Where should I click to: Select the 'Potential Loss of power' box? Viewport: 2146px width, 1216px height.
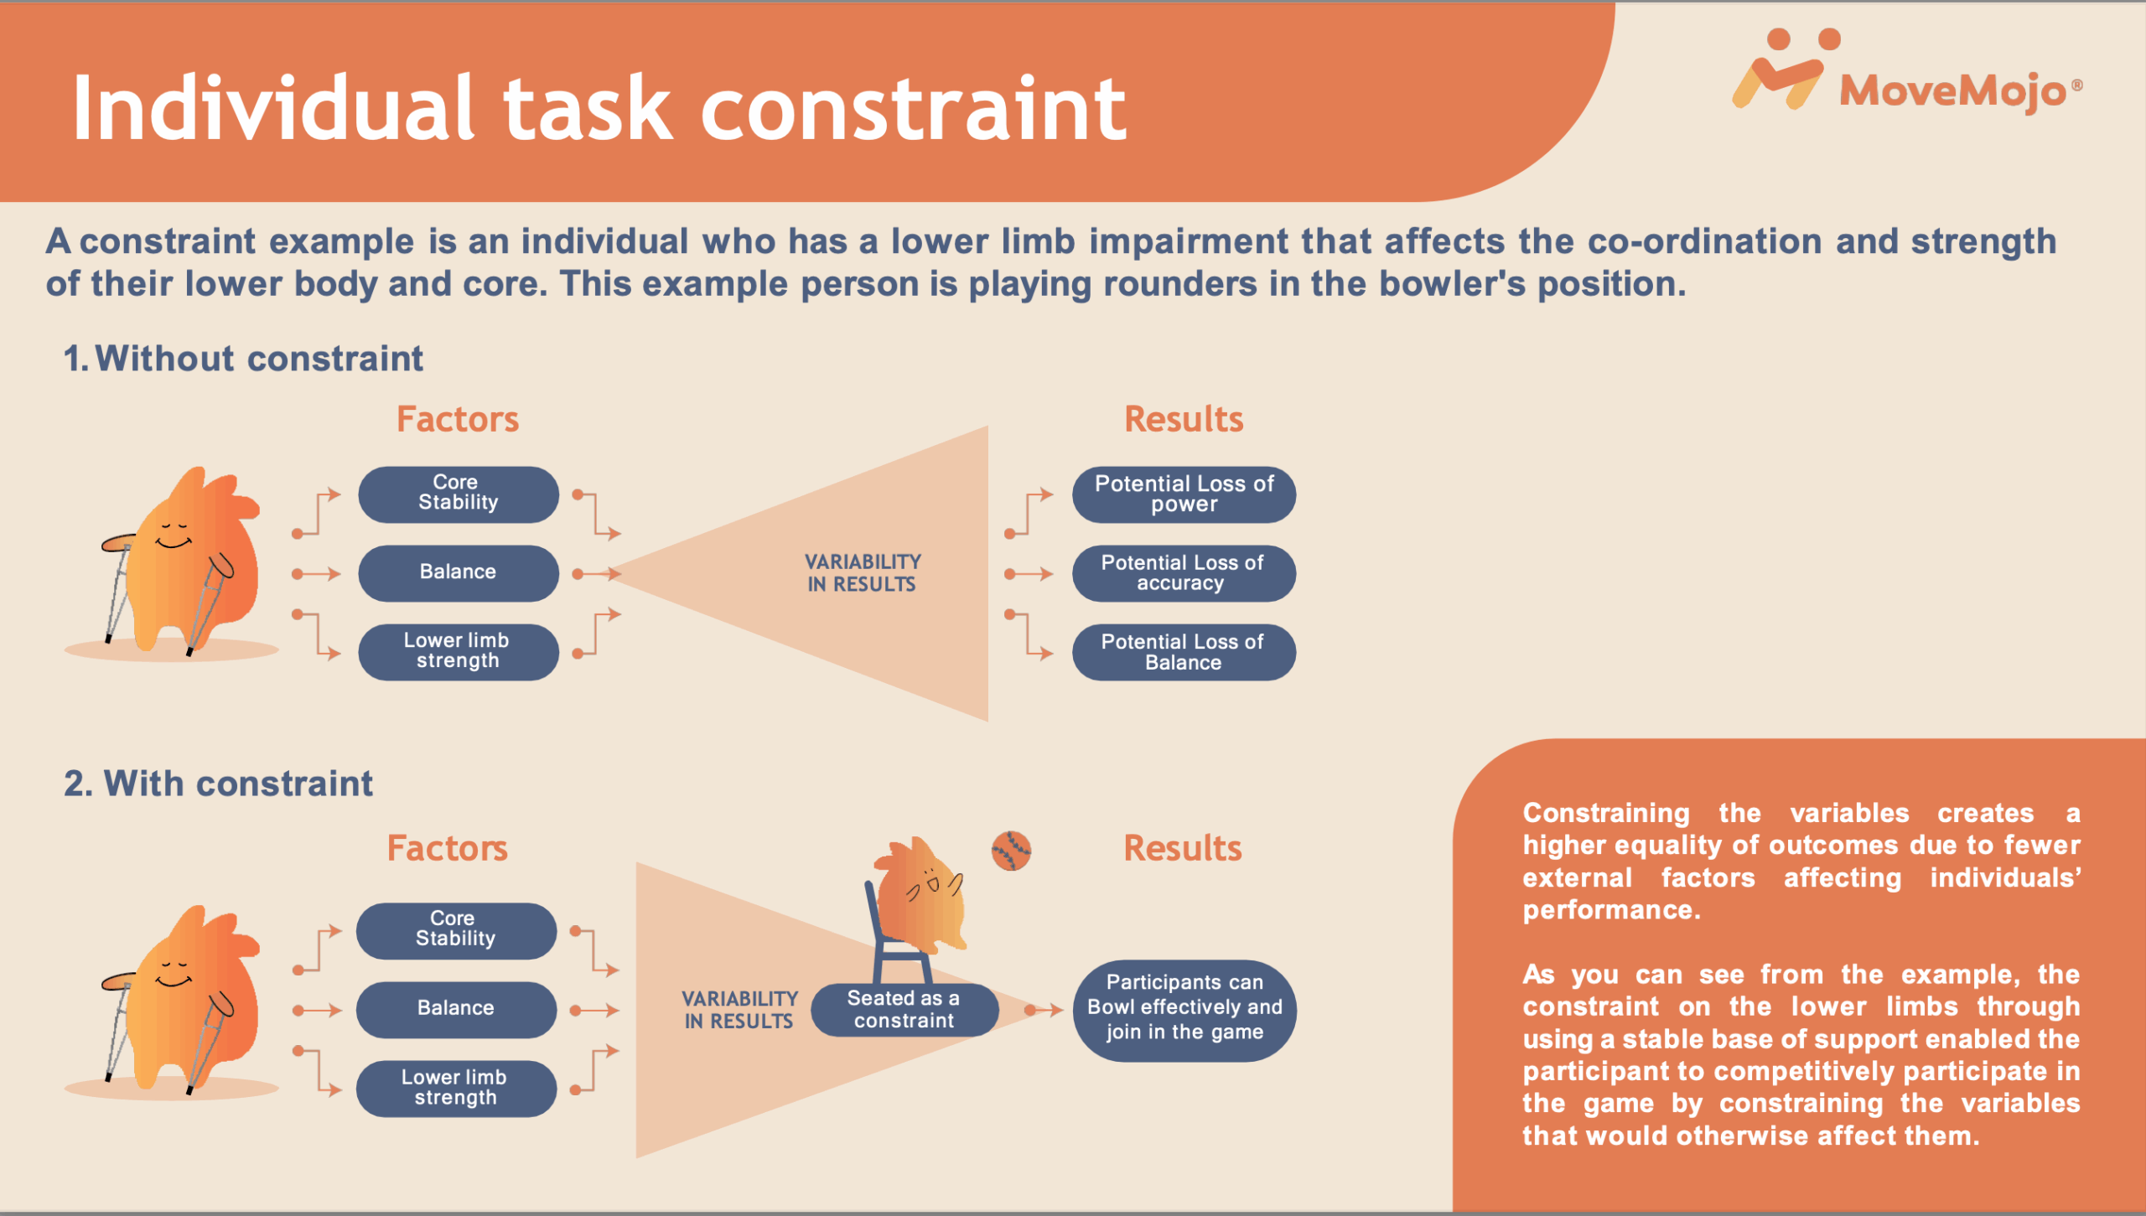pyautogui.click(x=1184, y=494)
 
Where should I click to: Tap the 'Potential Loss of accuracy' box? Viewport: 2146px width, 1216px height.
pyautogui.click(x=1184, y=573)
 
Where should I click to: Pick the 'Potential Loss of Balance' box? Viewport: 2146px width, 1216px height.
pyautogui.click(x=1184, y=652)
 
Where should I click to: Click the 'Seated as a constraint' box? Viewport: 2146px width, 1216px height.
pyautogui.click(x=905, y=1009)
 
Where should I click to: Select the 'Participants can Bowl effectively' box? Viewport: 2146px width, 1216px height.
pyautogui.click(x=1184, y=1010)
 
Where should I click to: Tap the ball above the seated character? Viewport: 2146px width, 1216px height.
pyautogui.click(x=1011, y=851)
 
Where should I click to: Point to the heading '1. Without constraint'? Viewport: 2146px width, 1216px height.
pyautogui.click(x=243, y=359)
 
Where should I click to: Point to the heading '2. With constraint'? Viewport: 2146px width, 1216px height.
pyautogui.click(x=218, y=784)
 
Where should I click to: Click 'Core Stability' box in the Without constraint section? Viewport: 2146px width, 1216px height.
pyautogui.click(x=459, y=494)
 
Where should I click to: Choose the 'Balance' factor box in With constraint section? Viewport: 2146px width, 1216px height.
pyautogui.click(x=456, y=1009)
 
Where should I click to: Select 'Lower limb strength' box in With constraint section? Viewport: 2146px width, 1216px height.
pyautogui.click(x=456, y=1088)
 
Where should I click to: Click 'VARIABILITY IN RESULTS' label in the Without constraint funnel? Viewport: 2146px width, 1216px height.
pyautogui.click(x=863, y=573)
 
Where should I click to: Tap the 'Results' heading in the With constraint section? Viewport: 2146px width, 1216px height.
pyautogui.click(x=1183, y=848)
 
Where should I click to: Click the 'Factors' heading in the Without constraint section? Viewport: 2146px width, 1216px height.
pyautogui.click(x=458, y=419)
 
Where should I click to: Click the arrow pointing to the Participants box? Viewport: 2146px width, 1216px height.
pyautogui.click(x=1044, y=1010)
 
